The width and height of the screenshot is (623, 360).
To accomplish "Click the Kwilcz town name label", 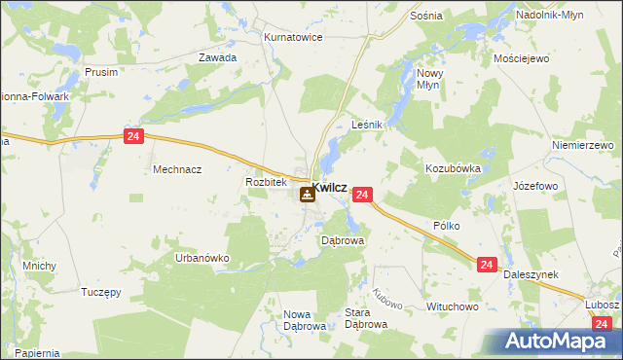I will coord(330,188).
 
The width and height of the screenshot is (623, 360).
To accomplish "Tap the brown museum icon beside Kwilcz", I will coord(307,195).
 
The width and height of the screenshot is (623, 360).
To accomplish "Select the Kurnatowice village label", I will coord(293,37).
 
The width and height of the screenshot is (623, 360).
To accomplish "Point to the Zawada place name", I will coord(218,57).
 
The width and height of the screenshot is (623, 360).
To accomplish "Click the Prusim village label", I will coord(101,72).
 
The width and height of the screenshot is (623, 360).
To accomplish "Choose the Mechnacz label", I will coord(177,168).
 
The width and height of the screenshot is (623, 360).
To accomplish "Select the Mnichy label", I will coord(40,266).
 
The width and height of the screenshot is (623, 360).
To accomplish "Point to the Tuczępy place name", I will coord(100,292).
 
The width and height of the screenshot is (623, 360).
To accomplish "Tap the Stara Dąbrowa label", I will coord(367,318).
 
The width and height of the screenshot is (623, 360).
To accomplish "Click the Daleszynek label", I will coord(531,275).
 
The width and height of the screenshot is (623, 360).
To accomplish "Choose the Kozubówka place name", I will coord(453,168).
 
